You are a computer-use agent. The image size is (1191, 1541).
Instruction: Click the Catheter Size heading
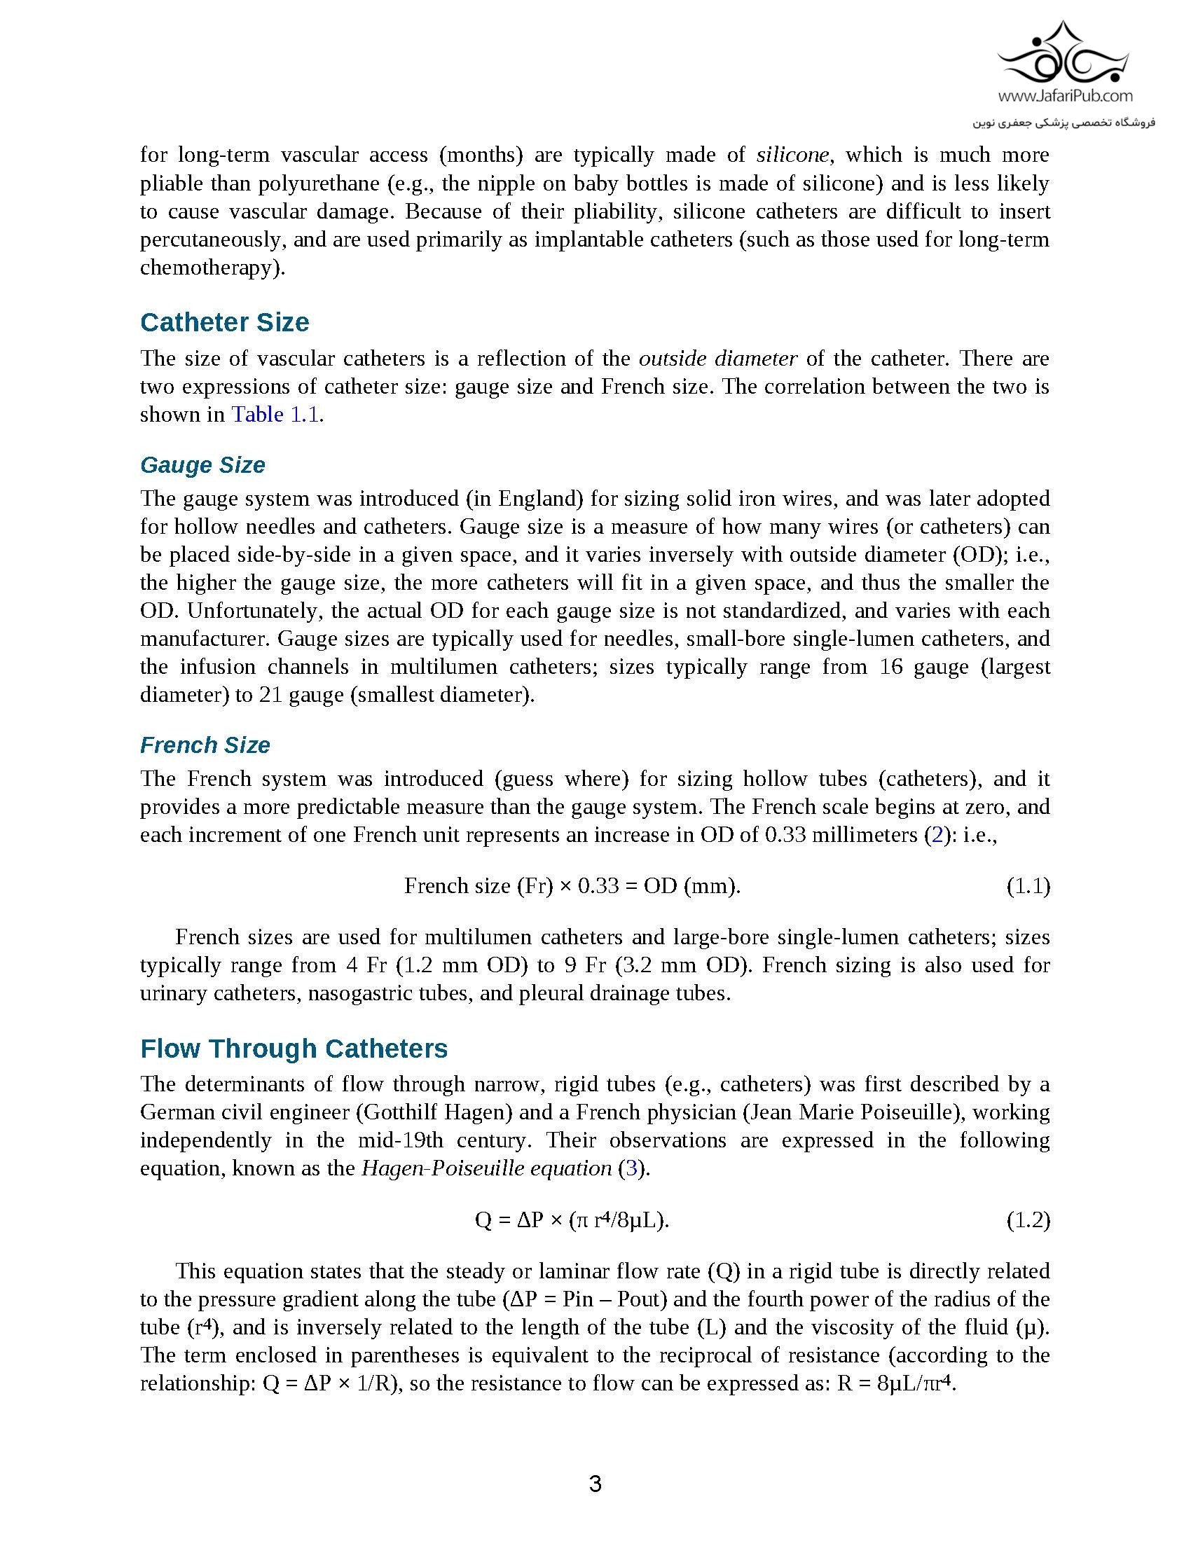[224, 322]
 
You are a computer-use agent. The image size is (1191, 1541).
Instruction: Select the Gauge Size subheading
[202, 465]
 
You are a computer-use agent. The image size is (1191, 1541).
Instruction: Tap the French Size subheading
[205, 745]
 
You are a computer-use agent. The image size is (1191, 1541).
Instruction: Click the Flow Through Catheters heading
[294, 1049]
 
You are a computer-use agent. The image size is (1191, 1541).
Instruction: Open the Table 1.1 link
[275, 414]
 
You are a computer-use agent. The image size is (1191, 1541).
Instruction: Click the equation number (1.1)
[1027, 885]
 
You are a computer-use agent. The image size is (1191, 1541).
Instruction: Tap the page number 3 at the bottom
[595, 1484]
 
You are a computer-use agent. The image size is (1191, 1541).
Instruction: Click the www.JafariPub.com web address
[1066, 96]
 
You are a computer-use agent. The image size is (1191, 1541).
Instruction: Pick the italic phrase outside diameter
[717, 359]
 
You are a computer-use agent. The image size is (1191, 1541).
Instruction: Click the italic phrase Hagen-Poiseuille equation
[486, 1168]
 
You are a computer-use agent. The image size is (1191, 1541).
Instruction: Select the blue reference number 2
[937, 835]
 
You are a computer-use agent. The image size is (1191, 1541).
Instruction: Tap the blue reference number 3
[631, 1168]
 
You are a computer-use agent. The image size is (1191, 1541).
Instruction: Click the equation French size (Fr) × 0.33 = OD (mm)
[572, 885]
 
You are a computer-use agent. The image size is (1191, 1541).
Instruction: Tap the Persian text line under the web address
[1064, 123]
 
